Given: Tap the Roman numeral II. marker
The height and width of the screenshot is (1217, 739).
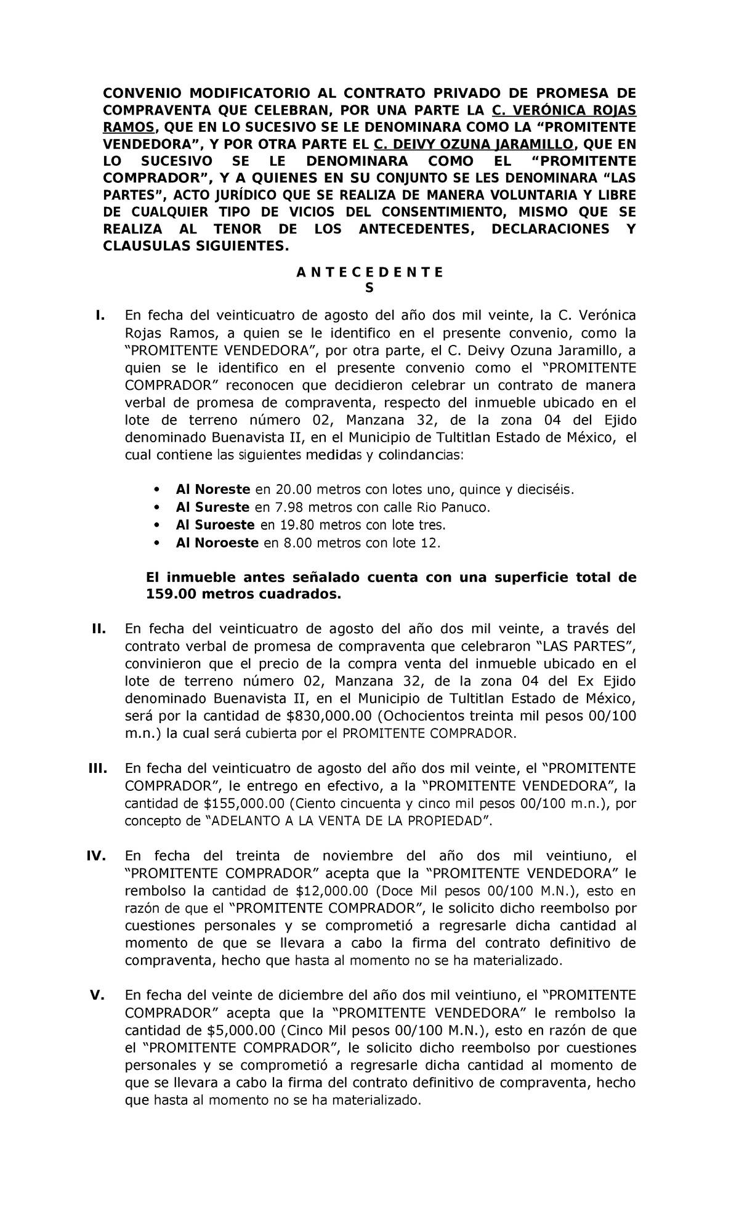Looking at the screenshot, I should coord(98,629).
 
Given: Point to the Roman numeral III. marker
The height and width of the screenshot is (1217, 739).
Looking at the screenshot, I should coord(97,769).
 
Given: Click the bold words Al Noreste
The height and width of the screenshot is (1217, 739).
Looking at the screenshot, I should coord(212,490).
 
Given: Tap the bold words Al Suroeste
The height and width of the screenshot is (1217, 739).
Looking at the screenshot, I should coord(215,525).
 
